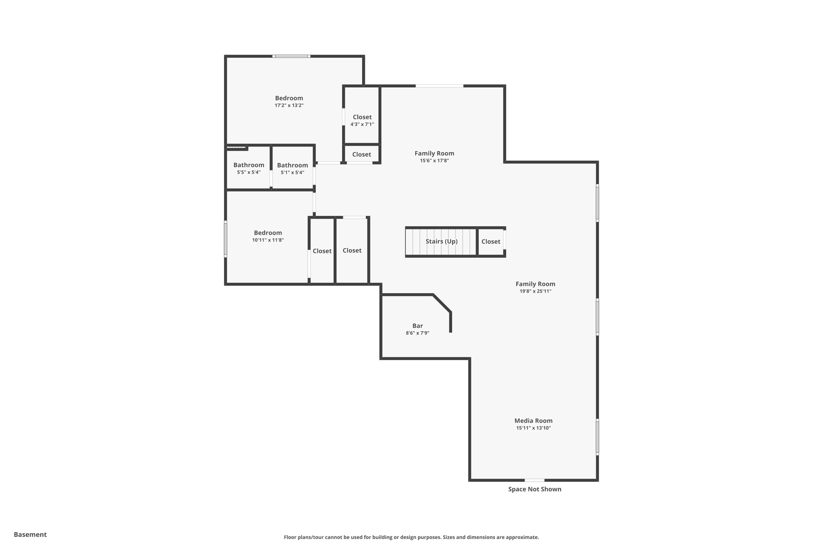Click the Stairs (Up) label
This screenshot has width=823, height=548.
(441, 241)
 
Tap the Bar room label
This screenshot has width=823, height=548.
(417, 326)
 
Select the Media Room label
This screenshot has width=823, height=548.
(533, 420)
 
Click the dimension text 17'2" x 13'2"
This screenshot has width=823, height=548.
(289, 105)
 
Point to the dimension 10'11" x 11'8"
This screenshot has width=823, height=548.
(268, 240)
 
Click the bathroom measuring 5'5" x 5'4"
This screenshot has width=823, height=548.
(248, 168)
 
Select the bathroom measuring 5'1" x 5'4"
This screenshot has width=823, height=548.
(292, 168)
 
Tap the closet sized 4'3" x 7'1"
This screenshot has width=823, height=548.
(362, 120)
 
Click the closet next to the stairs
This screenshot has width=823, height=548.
(491, 241)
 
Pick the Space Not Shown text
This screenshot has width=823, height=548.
(534, 489)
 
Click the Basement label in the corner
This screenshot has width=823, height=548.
(30, 534)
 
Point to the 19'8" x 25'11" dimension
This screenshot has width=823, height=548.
(535, 291)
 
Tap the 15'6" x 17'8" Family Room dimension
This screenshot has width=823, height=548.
(434, 160)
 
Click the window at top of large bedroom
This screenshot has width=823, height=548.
(291, 56)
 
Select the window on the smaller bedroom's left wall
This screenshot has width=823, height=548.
(225, 238)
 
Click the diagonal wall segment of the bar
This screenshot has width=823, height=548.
(442, 303)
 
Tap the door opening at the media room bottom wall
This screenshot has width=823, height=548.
(534, 480)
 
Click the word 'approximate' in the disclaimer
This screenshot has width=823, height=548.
(522, 537)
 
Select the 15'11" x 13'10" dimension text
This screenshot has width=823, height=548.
(533, 428)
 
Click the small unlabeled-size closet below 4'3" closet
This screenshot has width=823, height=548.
(361, 154)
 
